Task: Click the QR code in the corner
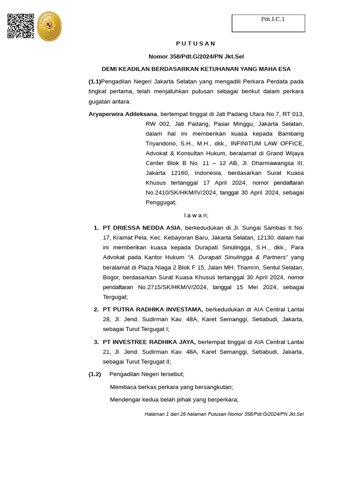click(x=21, y=26)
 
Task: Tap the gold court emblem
click(x=49, y=27)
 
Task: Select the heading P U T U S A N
click(x=196, y=44)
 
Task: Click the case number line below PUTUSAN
click(x=196, y=57)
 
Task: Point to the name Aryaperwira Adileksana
click(x=123, y=114)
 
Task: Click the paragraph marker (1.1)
click(x=95, y=82)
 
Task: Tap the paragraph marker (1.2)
click(x=95, y=374)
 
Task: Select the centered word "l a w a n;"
click(x=196, y=215)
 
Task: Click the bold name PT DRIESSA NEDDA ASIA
click(x=142, y=228)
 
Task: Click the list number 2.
click(x=96, y=309)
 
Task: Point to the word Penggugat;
click(x=161, y=202)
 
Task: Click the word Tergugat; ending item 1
click(x=115, y=297)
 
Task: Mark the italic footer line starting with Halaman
click(x=224, y=414)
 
